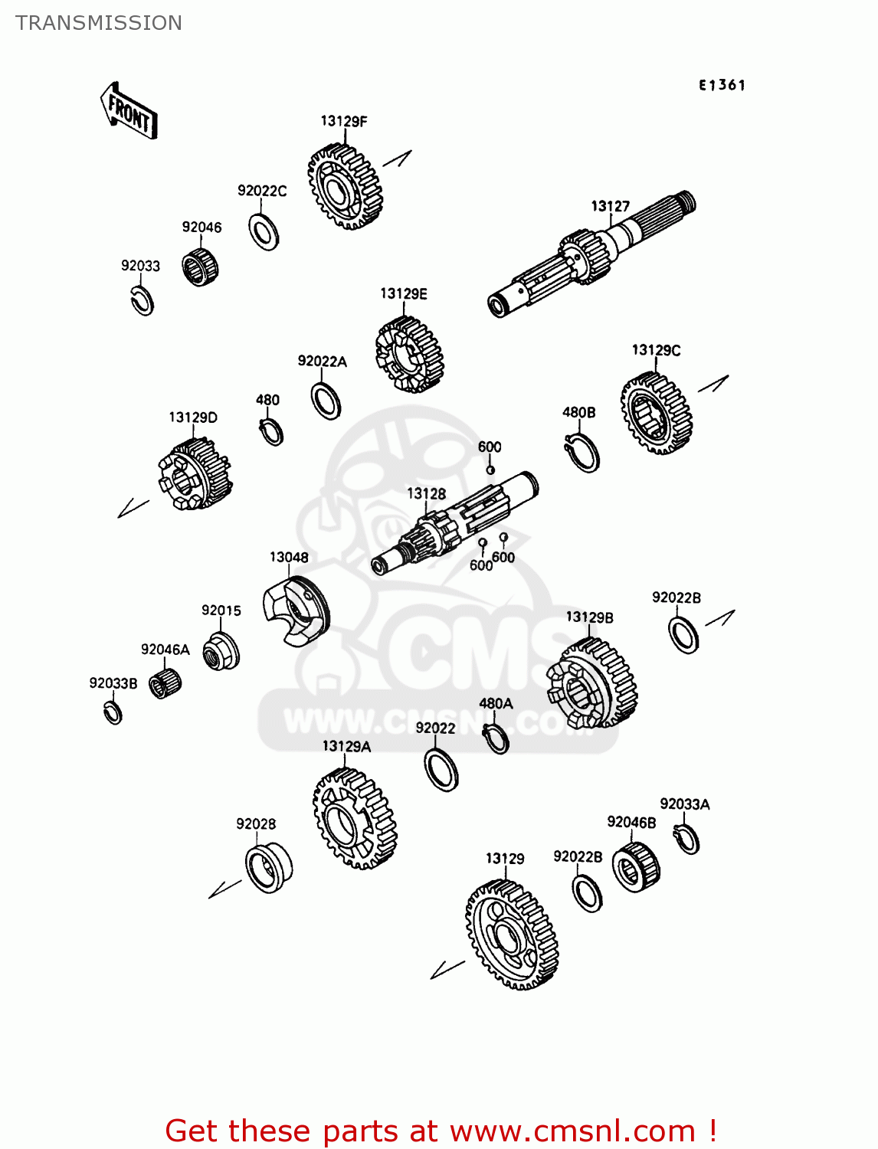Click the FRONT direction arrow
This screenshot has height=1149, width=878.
(129, 112)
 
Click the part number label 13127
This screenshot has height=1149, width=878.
(610, 206)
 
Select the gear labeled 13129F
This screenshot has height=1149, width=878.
(344, 187)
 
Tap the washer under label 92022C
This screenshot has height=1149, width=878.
(264, 231)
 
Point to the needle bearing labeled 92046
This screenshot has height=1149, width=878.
(200, 267)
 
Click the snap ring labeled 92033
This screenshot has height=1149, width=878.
(142, 300)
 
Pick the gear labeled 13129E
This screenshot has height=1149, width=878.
(409, 355)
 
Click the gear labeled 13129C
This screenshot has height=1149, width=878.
(656, 414)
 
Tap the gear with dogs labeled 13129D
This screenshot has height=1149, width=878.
(195, 476)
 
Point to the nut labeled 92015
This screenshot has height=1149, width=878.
(221, 651)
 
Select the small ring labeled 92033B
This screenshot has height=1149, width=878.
(113, 712)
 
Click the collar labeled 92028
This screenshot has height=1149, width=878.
(268, 867)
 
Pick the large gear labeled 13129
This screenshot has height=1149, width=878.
(511, 935)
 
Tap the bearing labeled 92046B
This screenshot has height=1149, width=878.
(636, 866)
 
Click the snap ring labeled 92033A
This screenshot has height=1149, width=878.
(687, 839)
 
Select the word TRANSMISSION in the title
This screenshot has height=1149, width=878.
(99, 23)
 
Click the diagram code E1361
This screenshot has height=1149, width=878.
(721, 85)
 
